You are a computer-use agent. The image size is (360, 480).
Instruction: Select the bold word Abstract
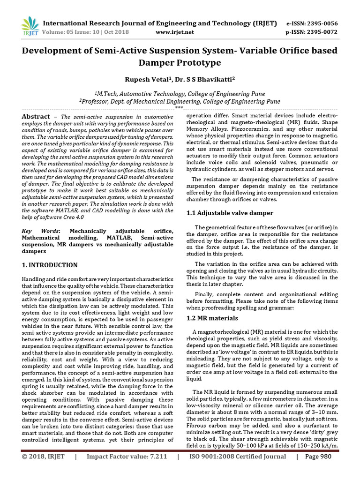tap(36, 117)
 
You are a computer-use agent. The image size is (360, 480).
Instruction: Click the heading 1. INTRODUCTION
tap(50, 265)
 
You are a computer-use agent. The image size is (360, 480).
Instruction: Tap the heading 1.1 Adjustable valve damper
tap(230, 213)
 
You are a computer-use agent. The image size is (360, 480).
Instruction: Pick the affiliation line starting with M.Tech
tap(180, 93)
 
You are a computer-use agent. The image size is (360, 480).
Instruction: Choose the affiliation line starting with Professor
tap(180, 101)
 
